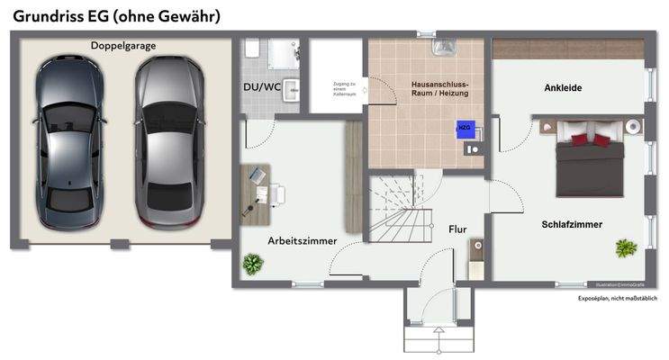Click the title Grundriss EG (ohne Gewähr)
(x=116, y=15)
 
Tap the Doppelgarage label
(x=122, y=46)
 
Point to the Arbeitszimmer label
(x=303, y=241)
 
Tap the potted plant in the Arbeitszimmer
(x=253, y=264)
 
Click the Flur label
(x=457, y=229)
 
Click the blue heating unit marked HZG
(x=465, y=128)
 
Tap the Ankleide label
(x=562, y=87)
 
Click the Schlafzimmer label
(x=572, y=224)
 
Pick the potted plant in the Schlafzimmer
(x=624, y=247)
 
